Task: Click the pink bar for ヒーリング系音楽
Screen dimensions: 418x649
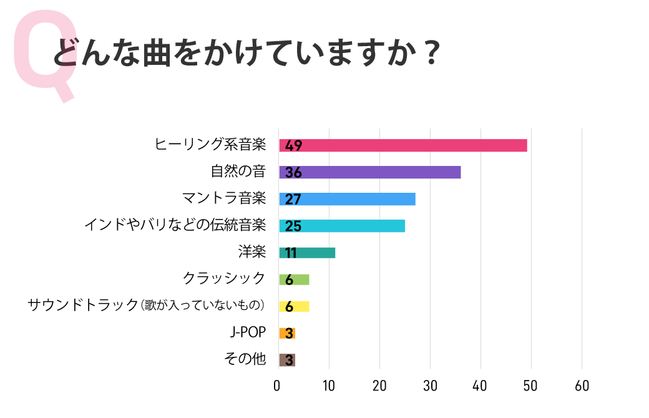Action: click(x=403, y=145)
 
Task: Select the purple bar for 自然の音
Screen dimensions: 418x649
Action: click(x=370, y=172)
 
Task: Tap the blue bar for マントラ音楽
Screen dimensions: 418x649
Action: click(x=347, y=199)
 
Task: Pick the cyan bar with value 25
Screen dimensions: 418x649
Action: click(x=342, y=226)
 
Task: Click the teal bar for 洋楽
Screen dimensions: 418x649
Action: click(x=307, y=253)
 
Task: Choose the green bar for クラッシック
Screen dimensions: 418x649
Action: click(x=294, y=279)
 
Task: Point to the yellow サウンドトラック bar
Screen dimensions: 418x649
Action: click(x=294, y=306)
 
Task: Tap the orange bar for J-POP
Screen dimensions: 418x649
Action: click(x=287, y=333)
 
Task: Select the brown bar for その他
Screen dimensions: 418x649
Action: click(x=287, y=360)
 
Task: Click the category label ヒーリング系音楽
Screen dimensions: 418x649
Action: click(x=210, y=145)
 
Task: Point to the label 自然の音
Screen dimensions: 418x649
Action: click(x=238, y=172)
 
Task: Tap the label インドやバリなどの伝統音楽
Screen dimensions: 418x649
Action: click(x=175, y=225)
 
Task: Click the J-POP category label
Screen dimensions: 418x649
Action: click(x=248, y=333)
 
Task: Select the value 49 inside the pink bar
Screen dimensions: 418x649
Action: click(x=293, y=146)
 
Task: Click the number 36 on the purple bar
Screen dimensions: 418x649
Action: click(x=293, y=173)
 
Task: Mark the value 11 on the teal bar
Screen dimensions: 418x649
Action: click(x=291, y=253)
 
